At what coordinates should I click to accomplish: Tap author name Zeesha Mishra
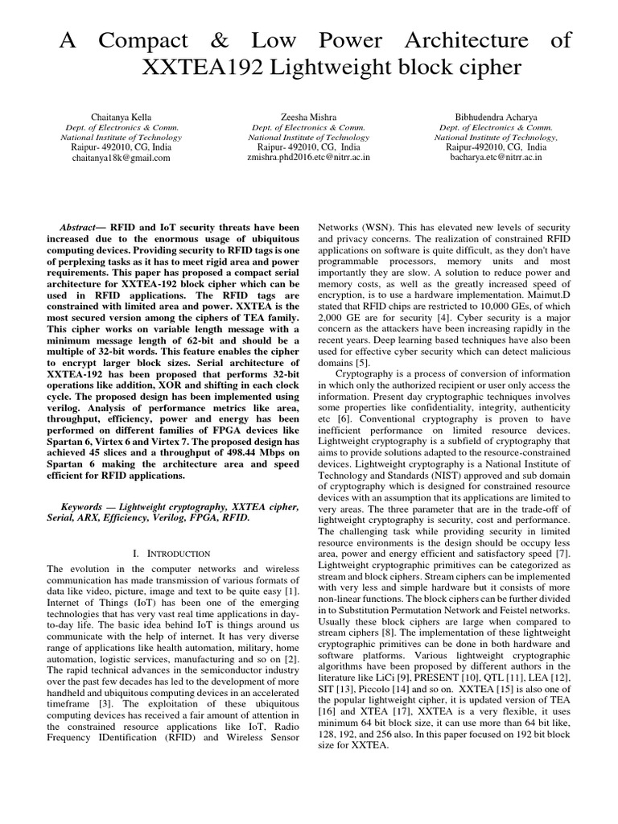[x=309, y=117]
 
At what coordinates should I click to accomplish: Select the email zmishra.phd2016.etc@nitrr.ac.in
[x=309, y=159]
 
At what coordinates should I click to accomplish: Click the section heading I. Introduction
[x=170, y=554]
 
